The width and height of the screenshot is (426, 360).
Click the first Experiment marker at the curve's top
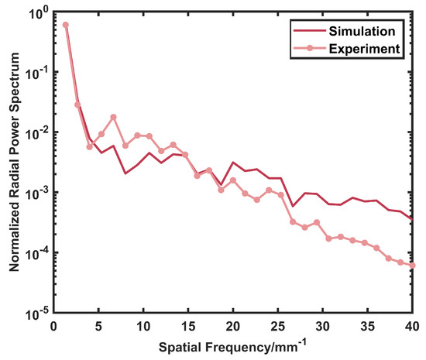click(66, 25)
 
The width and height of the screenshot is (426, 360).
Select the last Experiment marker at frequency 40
click(412, 265)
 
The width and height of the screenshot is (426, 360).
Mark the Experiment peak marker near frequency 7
click(114, 117)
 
